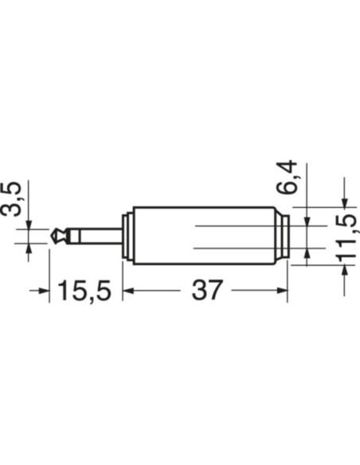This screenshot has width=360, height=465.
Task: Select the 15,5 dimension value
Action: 82,291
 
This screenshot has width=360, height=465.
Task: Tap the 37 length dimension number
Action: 205,291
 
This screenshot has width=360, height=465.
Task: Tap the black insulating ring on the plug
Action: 67,236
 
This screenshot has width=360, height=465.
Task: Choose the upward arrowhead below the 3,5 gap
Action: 29,248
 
